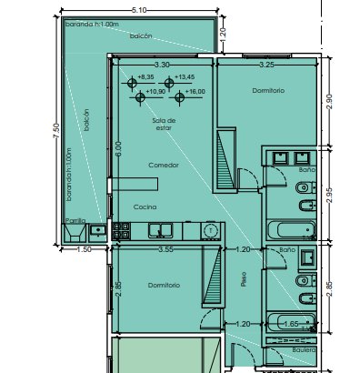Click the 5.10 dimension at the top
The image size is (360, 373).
pos(139,10)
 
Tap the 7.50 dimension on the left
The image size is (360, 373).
pos(56,131)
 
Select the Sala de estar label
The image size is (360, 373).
pos(164,124)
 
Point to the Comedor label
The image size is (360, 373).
pos(164,166)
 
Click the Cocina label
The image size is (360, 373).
pos(145,207)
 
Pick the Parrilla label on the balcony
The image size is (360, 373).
pos(75,221)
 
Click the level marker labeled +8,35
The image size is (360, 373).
pos(132,83)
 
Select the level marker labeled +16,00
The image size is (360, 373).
pos(180,97)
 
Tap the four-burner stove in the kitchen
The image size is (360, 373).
pos(121,231)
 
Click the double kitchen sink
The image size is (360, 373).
pos(161,230)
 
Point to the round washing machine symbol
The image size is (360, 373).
pos(211,231)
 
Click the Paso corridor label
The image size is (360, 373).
pos(244,279)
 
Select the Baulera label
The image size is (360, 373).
pos(304,350)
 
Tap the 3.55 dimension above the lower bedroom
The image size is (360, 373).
pos(166,249)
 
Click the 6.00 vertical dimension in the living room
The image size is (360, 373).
pos(118,148)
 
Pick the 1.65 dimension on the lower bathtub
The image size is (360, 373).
pos(291,324)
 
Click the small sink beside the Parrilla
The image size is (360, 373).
pos(97,230)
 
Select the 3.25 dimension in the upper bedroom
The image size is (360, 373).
pos(267,65)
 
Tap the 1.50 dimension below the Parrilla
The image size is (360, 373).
pos(84,249)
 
